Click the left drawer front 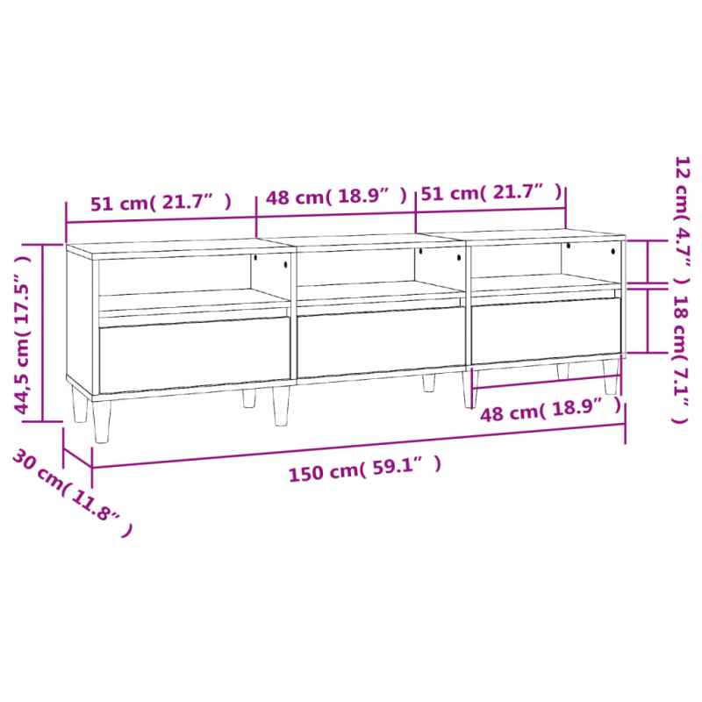point(194,355)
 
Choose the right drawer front point(546,330)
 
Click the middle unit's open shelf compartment point(379,268)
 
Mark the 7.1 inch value point(680,386)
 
